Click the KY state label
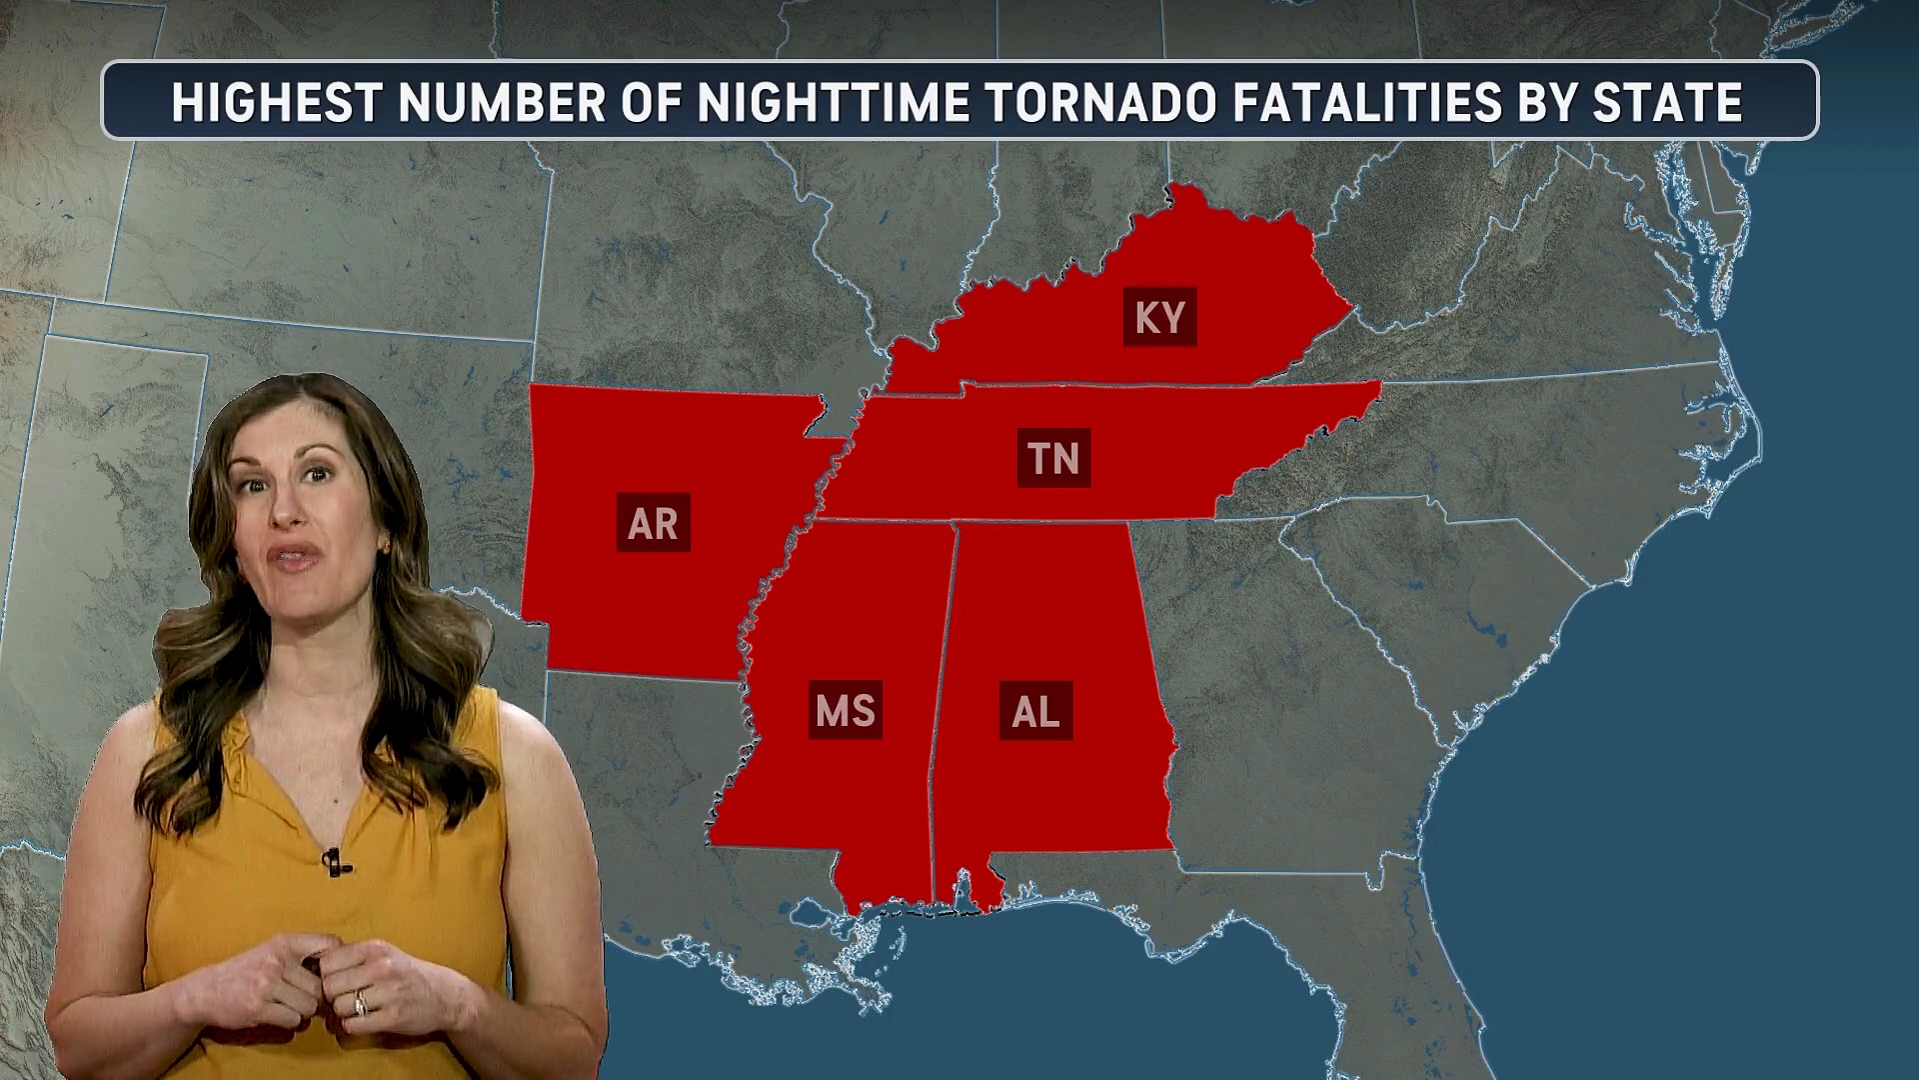coord(1159,317)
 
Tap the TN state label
coord(1053,458)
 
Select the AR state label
coord(653,522)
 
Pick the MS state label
coord(845,710)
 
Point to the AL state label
coord(1035,711)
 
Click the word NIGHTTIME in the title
coord(834,102)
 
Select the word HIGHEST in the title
coord(277,102)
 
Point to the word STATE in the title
coord(1667,102)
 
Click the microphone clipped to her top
coord(333,860)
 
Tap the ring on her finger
coord(360,1001)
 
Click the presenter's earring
coord(382,545)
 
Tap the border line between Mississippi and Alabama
coord(945,700)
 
